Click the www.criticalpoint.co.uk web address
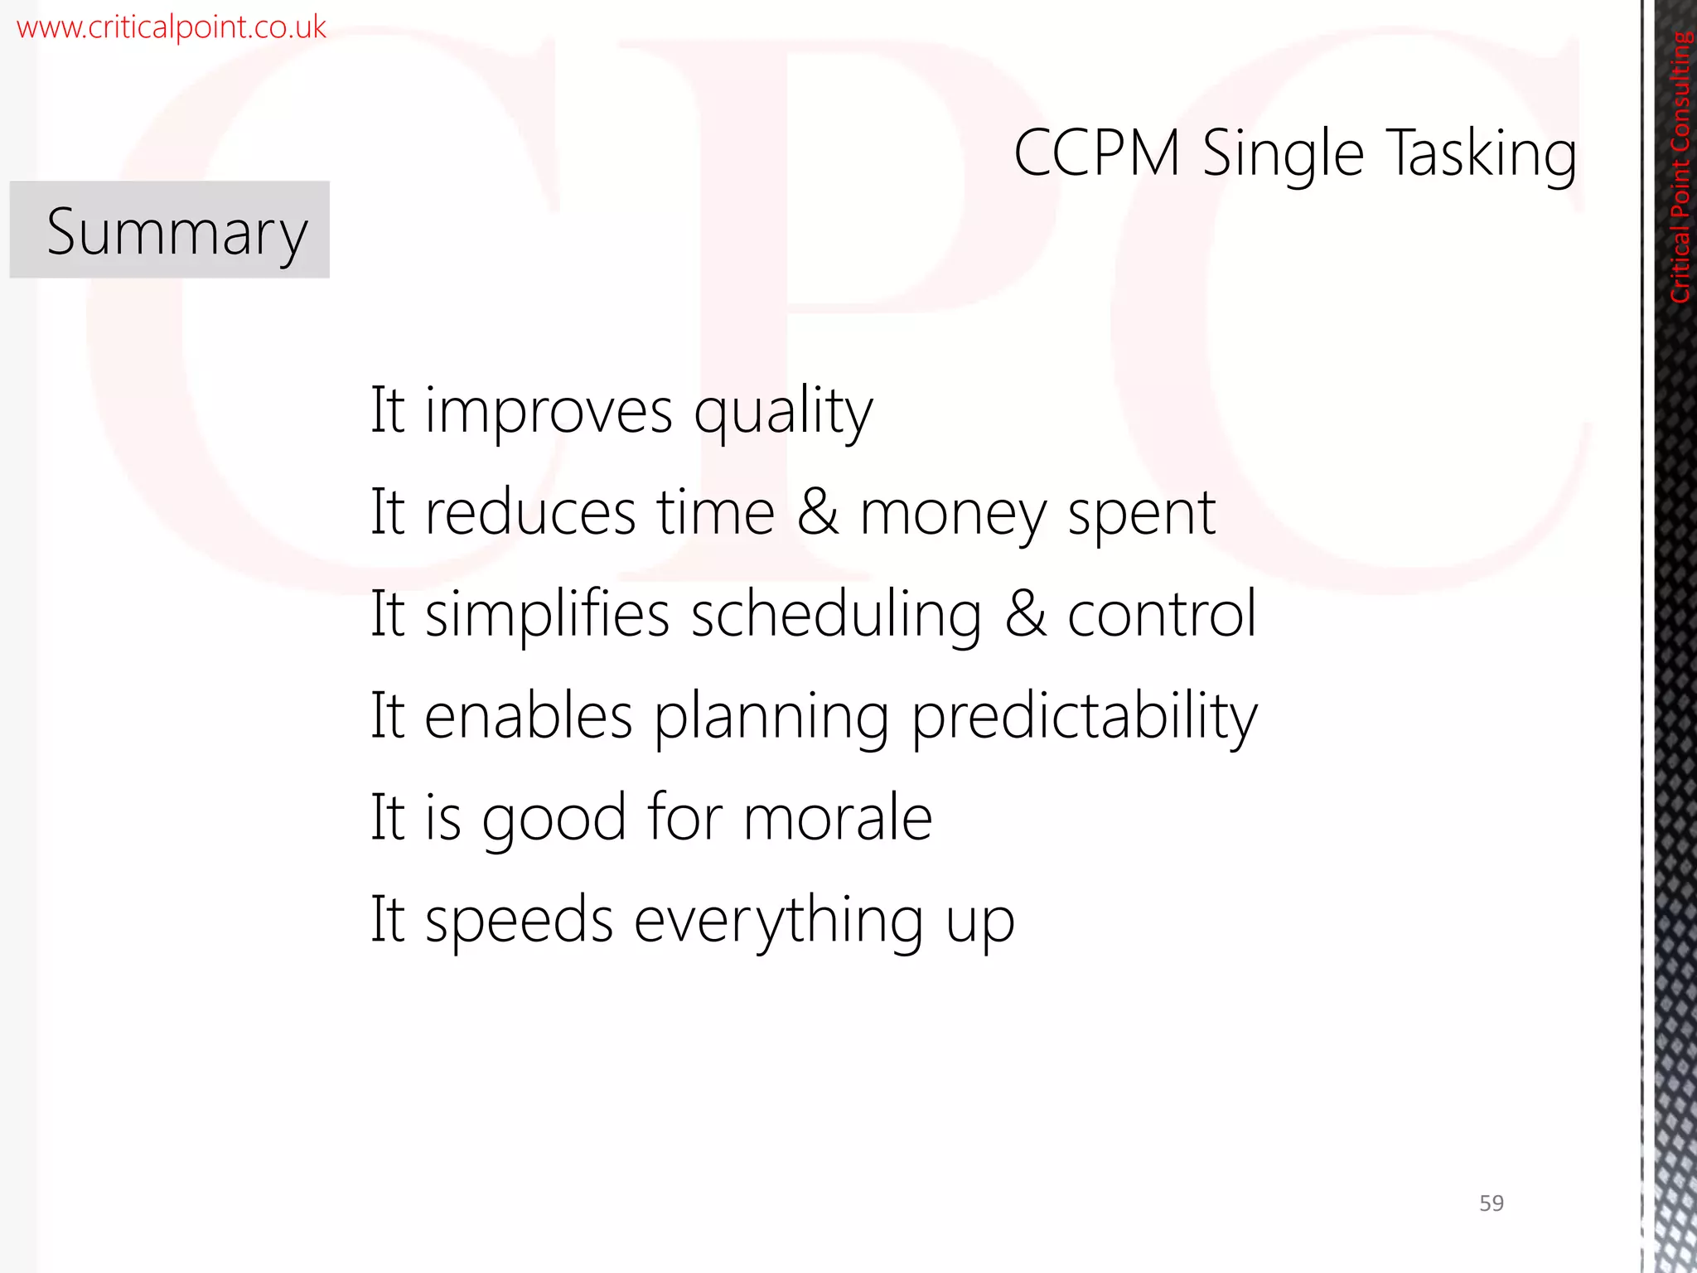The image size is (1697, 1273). (172, 27)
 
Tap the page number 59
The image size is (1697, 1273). (1491, 1203)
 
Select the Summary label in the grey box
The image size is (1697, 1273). (176, 232)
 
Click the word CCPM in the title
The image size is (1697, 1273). (1096, 153)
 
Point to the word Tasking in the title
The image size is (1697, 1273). (1481, 154)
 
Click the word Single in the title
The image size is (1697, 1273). (1283, 154)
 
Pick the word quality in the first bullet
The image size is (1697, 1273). (783, 412)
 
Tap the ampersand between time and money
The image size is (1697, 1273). (818, 512)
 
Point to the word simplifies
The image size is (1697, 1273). (547, 614)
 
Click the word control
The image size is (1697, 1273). (1162, 614)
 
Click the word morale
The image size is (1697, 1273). (838, 818)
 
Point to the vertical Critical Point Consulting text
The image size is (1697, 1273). (1680, 166)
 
